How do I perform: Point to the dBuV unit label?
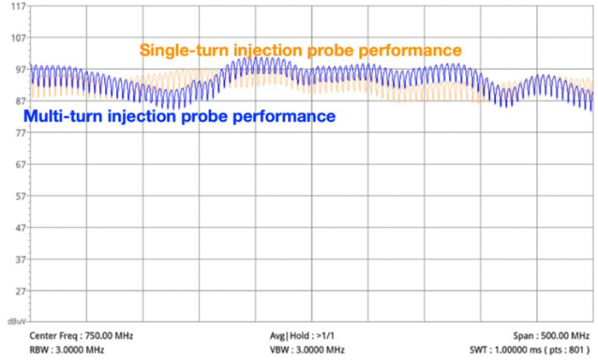tap(15, 321)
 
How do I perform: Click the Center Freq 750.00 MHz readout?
tap(81, 336)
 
